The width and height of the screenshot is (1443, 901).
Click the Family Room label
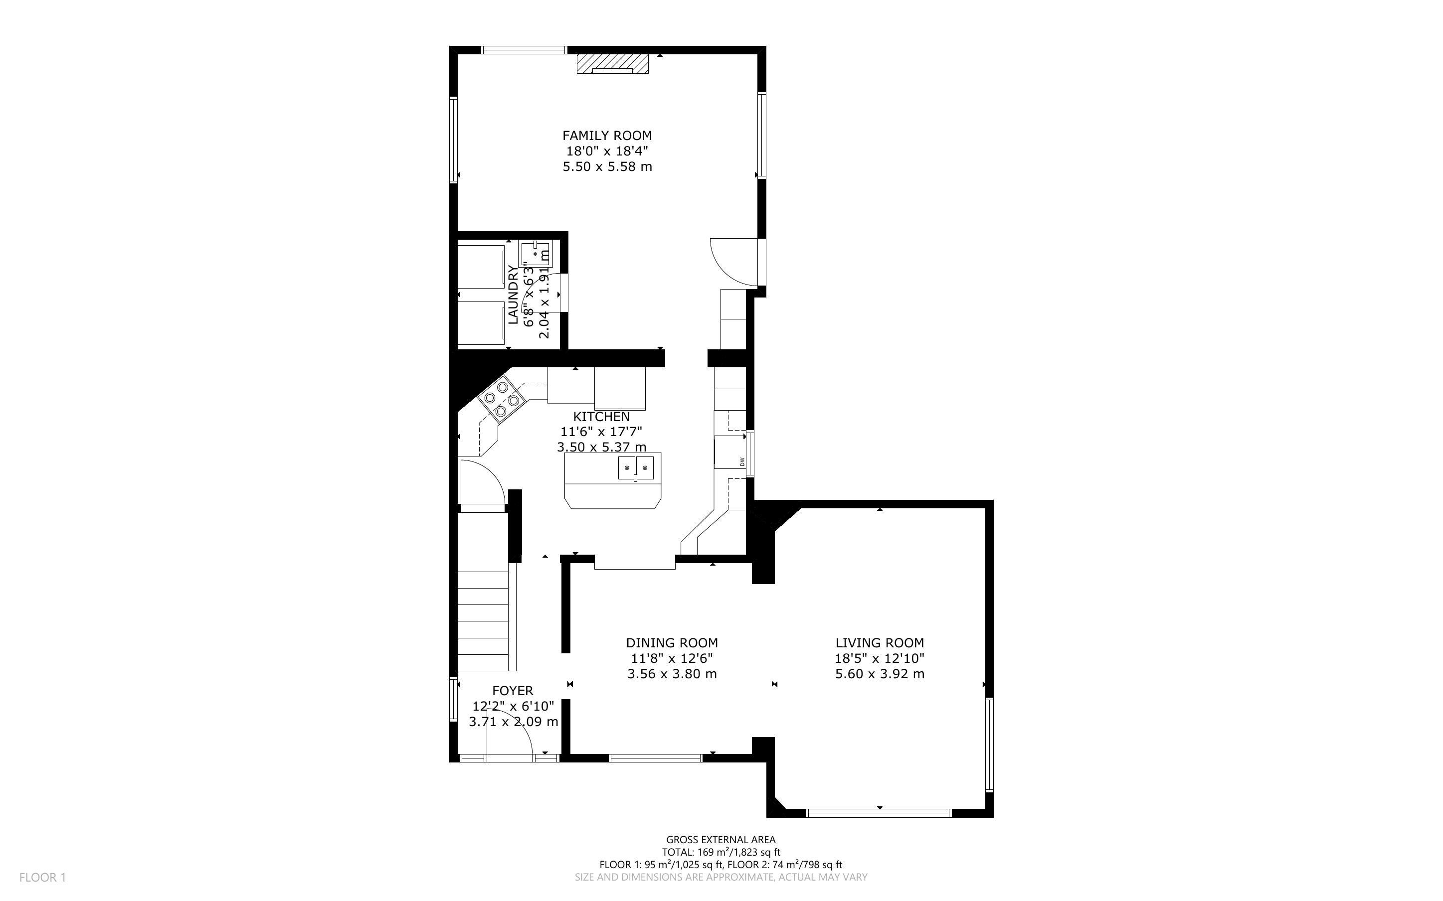pyautogui.click(x=607, y=136)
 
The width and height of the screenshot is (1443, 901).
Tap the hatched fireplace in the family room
pyautogui.click(x=612, y=64)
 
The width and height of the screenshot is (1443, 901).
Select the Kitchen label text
pyautogui.click(x=601, y=417)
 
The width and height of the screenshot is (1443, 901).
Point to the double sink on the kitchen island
pyautogui.click(x=635, y=468)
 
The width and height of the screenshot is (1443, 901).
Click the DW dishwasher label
pyautogui.click(x=742, y=461)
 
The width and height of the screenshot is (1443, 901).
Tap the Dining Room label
pyautogui.click(x=672, y=643)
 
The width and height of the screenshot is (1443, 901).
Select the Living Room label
pyautogui.click(x=880, y=643)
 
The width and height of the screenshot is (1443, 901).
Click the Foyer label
pyautogui.click(x=513, y=691)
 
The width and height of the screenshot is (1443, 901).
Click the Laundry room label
pyautogui.click(x=513, y=295)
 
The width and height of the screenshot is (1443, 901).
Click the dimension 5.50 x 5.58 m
pyautogui.click(x=607, y=167)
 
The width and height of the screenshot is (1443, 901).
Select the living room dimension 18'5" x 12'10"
pyautogui.click(x=880, y=658)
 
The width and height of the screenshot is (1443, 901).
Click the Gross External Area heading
pyautogui.click(x=721, y=840)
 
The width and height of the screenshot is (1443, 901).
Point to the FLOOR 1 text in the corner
pyautogui.click(x=42, y=877)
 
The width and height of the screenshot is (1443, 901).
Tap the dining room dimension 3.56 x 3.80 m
pyautogui.click(x=672, y=674)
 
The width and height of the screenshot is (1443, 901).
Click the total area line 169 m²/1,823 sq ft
pyautogui.click(x=721, y=852)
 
